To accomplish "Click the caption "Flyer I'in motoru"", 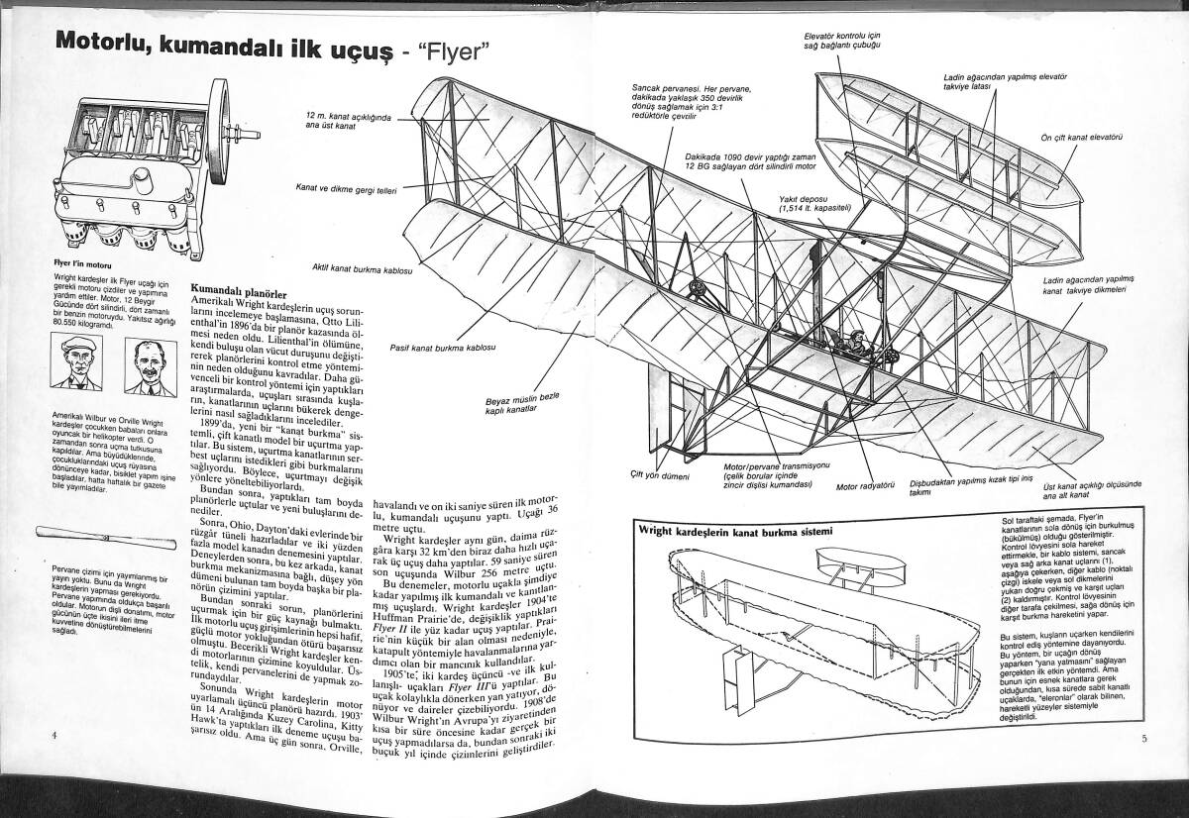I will (x=81, y=265).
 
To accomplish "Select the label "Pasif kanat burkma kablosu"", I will (x=442, y=348).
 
